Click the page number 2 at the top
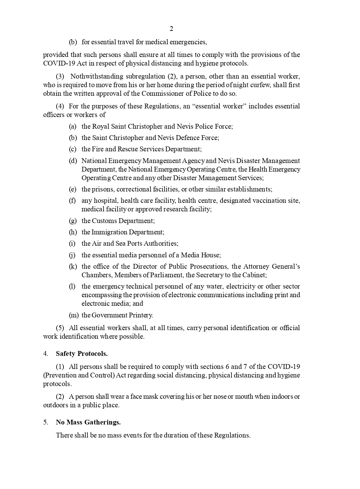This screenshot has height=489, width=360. (171, 29)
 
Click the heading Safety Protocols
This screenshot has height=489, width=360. (82, 354)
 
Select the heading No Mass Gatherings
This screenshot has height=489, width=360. (88, 422)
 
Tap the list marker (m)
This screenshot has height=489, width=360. (74, 315)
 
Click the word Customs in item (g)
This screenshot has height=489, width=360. (103, 221)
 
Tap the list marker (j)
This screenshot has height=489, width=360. (72, 255)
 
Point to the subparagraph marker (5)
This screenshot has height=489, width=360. (60, 328)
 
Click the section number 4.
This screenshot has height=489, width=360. (45, 354)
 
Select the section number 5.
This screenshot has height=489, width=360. (45, 422)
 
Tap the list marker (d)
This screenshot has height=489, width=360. (73, 161)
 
